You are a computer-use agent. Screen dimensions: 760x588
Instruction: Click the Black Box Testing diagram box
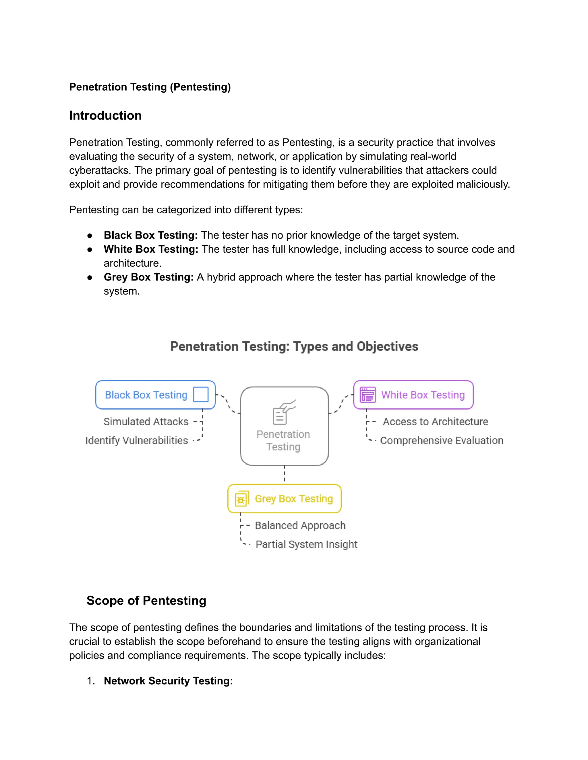point(146,395)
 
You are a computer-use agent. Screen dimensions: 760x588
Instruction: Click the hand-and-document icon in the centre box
point(284,412)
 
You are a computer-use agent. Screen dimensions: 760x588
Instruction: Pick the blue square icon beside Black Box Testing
point(201,395)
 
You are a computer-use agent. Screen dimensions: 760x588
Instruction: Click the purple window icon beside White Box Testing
point(368,395)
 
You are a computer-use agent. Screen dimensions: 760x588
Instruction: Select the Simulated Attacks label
point(146,422)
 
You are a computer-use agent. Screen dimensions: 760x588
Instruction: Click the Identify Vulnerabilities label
point(137,441)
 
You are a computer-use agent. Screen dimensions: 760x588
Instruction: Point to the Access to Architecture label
point(436,422)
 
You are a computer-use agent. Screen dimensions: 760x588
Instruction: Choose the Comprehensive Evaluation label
point(441,441)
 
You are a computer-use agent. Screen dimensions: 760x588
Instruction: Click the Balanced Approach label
point(300,525)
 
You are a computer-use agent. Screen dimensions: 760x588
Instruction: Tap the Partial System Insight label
point(306,544)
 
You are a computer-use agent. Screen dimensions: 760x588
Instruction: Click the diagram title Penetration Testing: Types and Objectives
point(294,347)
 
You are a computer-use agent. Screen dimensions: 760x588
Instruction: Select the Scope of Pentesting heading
point(146,601)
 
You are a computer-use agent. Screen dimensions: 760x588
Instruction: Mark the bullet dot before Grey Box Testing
point(90,278)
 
